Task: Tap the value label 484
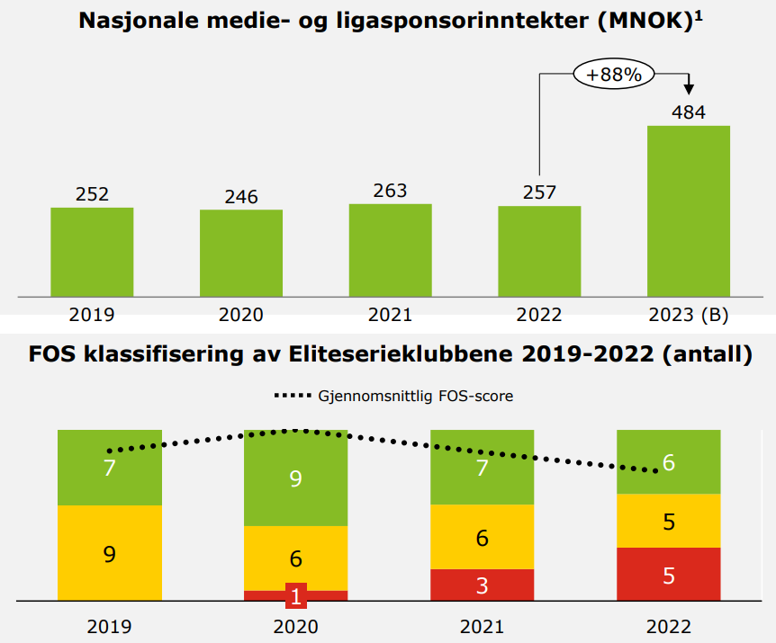(x=689, y=112)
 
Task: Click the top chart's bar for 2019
(x=92, y=251)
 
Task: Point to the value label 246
(x=240, y=197)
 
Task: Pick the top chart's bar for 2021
(x=390, y=249)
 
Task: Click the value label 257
(x=539, y=192)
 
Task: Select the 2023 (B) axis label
(x=689, y=315)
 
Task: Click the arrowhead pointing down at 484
(x=690, y=88)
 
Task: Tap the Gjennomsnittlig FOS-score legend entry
(x=393, y=396)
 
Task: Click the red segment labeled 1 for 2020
(x=296, y=595)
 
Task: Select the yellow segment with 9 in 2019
(x=110, y=552)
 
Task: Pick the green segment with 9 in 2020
(x=296, y=478)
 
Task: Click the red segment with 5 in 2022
(x=669, y=574)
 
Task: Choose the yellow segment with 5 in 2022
(x=669, y=521)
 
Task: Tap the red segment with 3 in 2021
(x=483, y=585)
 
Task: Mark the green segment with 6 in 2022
(x=669, y=461)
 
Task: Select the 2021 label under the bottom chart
(x=483, y=626)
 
